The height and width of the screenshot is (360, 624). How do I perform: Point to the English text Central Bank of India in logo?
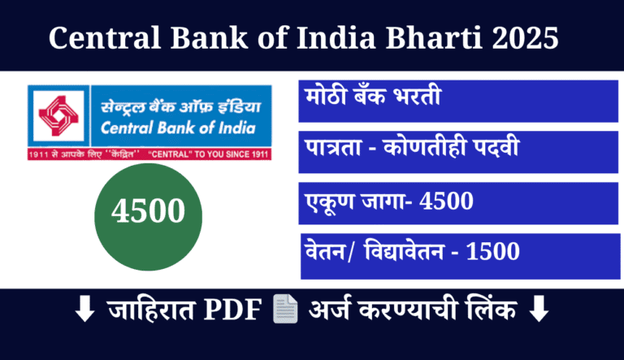178,128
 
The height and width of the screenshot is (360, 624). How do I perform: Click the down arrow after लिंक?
537,310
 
